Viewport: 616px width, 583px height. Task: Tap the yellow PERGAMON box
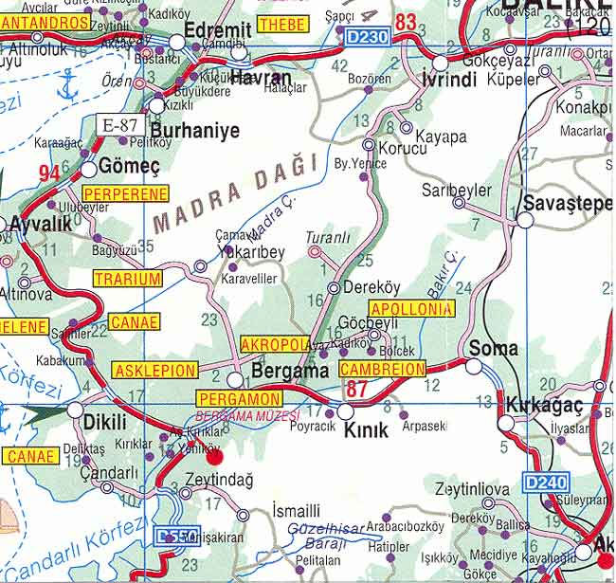pyautogui.click(x=239, y=399)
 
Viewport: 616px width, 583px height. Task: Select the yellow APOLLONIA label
pyautogui.click(x=412, y=309)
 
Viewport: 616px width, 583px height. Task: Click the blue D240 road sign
pyautogui.click(x=546, y=483)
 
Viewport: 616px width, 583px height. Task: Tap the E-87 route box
pyautogui.click(x=120, y=123)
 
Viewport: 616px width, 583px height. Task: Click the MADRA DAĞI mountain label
pyautogui.click(x=233, y=195)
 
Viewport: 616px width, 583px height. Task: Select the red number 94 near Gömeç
pyautogui.click(x=48, y=173)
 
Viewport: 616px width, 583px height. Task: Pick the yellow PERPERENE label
pyautogui.click(x=126, y=194)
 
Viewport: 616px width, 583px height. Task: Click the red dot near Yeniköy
pyautogui.click(x=215, y=456)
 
